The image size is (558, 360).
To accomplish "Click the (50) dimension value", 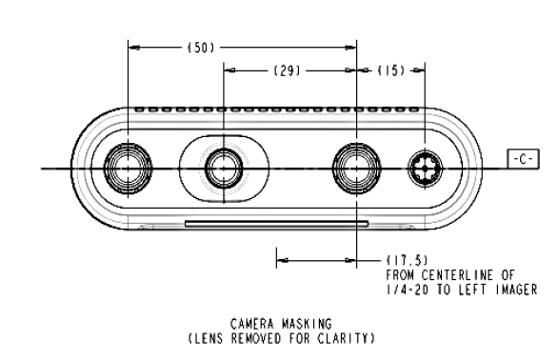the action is click(201, 48).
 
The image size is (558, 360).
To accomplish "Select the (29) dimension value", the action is click(287, 70).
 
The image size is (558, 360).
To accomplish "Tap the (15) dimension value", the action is click(391, 70).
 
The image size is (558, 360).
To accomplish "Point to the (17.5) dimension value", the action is click(408, 260).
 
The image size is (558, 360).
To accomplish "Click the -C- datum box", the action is click(523, 159).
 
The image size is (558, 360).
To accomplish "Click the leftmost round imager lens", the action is click(128, 169).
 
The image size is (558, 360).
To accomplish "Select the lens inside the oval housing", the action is click(224, 169).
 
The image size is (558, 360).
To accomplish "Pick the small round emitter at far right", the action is click(426, 169).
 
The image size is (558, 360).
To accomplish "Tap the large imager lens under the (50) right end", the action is click(356, 169).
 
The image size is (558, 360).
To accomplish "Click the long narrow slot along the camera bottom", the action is click(276, 224).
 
